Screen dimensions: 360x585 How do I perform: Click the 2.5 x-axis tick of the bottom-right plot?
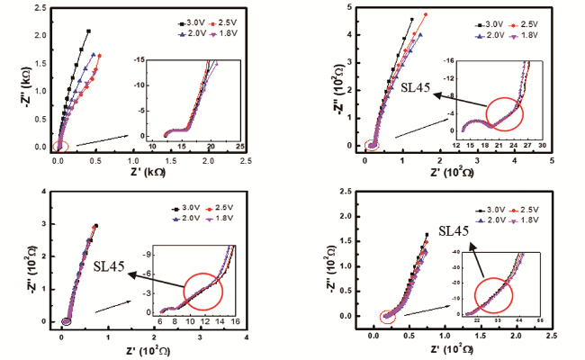tap(551, 333)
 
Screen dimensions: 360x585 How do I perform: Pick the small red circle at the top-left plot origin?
tap(60, 146)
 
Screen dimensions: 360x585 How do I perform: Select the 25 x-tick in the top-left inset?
tap(239, 145)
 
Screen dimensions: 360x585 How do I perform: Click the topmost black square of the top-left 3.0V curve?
tap(89, 31)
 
